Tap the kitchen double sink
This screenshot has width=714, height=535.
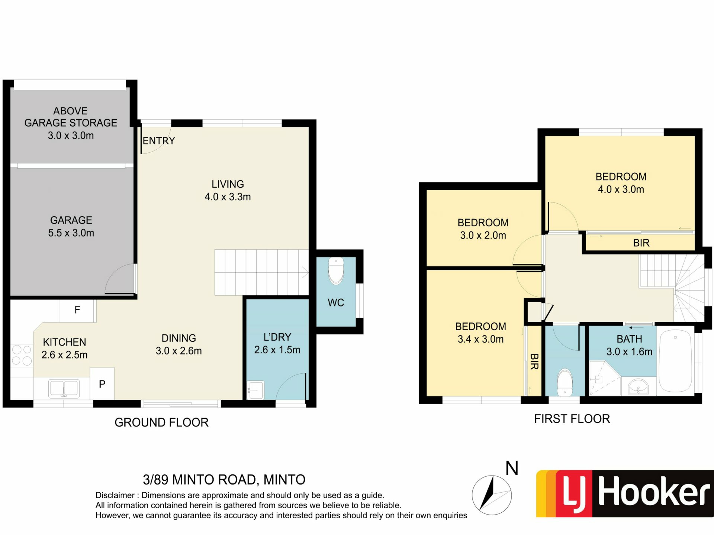(64, 388)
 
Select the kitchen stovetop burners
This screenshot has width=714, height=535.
(22, 355)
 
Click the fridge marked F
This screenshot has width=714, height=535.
(77, 310)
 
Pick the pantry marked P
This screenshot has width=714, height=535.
(102, 384)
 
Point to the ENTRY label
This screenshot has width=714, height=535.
(159, 141)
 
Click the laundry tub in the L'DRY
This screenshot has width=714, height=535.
(255, 390)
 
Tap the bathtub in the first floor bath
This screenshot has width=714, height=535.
(675, 361)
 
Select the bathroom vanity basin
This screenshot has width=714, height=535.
(638, 386)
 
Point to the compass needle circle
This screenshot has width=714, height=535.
(492, 495)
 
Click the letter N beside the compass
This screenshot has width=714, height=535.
(512, 468)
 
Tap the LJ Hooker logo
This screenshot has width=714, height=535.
(625, 494)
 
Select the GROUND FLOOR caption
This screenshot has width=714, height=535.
(161, 422)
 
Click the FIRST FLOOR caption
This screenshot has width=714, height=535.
(572, 419)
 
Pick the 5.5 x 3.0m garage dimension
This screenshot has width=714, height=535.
(71, 233)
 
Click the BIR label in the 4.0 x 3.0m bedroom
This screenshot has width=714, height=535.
(641, 243)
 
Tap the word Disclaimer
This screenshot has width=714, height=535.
(115, 495)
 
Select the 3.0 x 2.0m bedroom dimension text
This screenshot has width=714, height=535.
(483, 235)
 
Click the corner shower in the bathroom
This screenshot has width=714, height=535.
(605, 377)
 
